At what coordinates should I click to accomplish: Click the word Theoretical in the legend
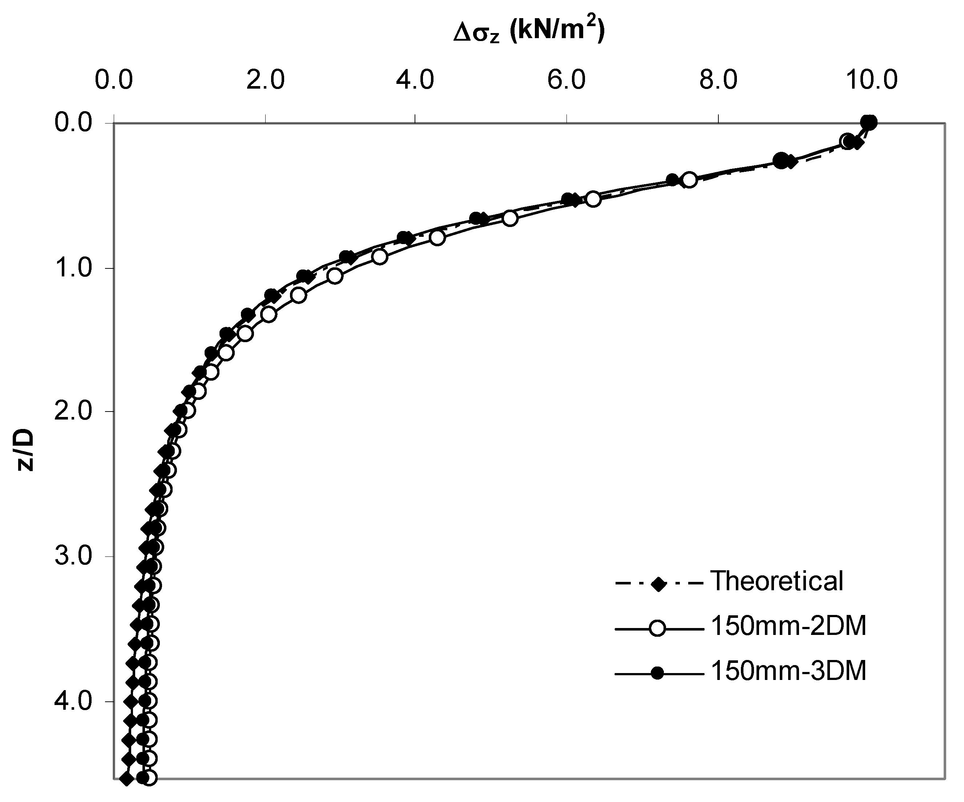coord(777,581)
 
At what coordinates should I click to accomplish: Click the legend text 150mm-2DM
coord(788,626)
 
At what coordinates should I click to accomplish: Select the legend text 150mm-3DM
coord(788,671)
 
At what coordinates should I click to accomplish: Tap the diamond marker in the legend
coord(659,584)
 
